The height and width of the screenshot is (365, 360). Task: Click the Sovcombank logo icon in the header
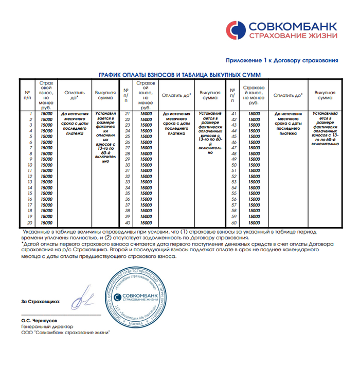(236, 29)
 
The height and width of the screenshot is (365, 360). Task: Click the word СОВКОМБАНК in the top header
(292, 25)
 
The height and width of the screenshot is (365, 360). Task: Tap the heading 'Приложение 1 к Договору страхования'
(282, 60)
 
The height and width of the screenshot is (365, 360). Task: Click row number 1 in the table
(31, 113)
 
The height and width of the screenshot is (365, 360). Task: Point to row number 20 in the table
(30, 223)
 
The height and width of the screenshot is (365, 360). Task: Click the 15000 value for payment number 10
(46, 165)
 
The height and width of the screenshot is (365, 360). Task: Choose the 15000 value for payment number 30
(146, 165)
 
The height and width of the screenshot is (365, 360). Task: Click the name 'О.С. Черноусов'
(39, 320)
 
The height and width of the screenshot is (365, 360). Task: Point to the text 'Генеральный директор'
(47, 326)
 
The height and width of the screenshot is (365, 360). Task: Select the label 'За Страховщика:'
(40, 301)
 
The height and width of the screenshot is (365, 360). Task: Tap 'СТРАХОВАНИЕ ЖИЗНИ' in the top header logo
(292, 36)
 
